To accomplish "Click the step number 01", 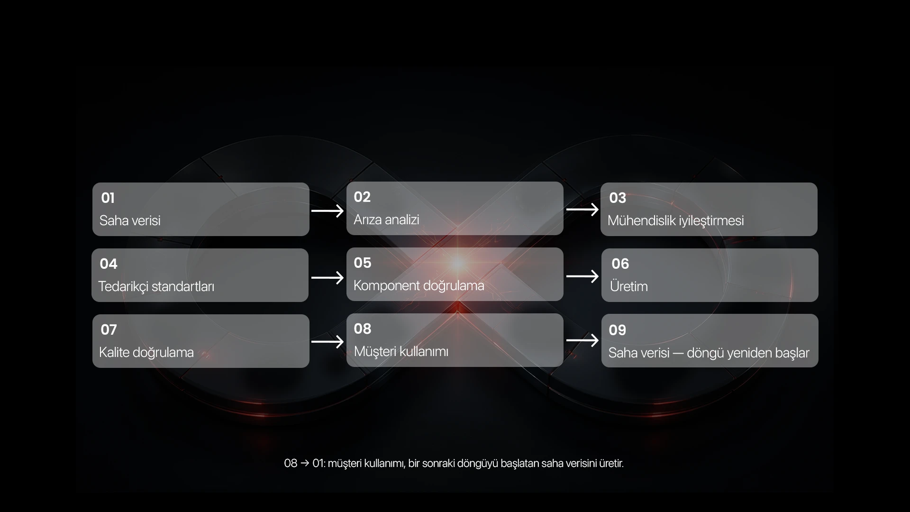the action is pos(108,198).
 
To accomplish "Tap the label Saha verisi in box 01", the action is pos(130,220).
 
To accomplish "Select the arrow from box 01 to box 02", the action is pos(328,210).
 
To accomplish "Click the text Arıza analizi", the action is pos(386,219).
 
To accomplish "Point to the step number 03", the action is pos(618,198).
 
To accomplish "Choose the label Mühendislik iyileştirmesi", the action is pos(675,221).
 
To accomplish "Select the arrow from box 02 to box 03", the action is pos(582,210).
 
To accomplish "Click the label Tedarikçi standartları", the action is pos(156,287).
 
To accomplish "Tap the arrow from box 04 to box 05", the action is pos(328,277).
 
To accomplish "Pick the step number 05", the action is pos(363,263).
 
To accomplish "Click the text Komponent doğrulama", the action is pos(419,285).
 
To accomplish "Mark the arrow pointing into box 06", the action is pos(582,276).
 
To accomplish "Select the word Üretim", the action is pos(629,286).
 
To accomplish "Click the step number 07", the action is pos(109,329).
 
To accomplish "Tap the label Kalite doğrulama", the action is pos(146,352).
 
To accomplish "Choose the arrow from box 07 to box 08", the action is pos(328,341).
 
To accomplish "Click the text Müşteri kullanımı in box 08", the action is pos(401,351).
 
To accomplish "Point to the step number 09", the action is pos(618,330).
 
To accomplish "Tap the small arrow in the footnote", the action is pos(305,463).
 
